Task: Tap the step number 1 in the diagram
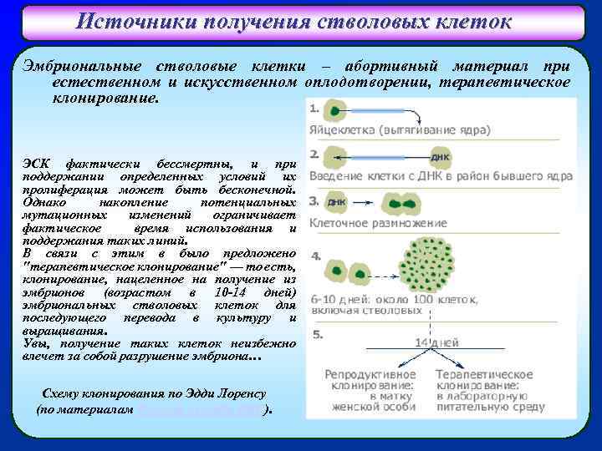pyautogui.click(x=314, y=109)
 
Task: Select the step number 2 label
pyautogui.click(x=314, y=155)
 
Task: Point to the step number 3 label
pyautogui.click(x=314, y=201)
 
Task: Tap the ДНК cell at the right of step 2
pyautogui.click(x=441, y=156)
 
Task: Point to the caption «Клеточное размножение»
pyautogui.click(x=378, y=224)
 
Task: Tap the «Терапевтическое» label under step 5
pyautogui.click(x=486, y=375)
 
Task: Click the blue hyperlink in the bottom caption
pyautogui.click(x=198, y=412)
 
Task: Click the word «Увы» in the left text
pyautogui.click(x=35, y=343)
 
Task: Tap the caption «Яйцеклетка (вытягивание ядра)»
pyautogui.click(x=400, y=130)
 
